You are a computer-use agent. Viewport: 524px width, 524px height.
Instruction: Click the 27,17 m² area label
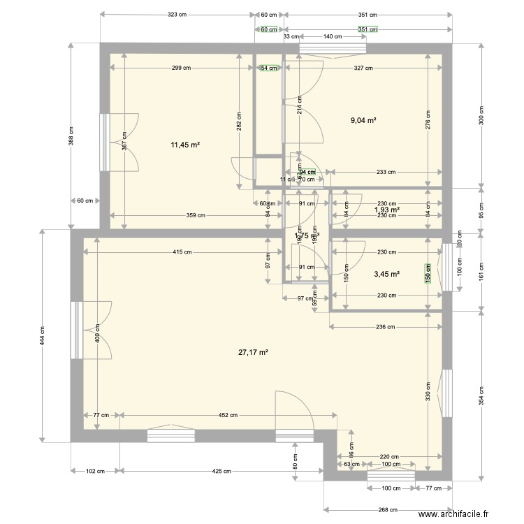pyautogui.click(x=253, y=353)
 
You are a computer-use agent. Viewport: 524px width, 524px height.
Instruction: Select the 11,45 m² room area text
pyautogui.click(x=185, y=145)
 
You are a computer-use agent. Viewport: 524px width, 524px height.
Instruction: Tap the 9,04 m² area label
pyautogui.click(x=363, y=120)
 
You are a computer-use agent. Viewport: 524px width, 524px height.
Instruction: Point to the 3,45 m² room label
pyautogui.click(x=386, y=275)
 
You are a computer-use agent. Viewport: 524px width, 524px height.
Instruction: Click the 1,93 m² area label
pyautogui.click(x=386, y=210)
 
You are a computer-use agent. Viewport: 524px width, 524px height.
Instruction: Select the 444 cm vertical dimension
pyautogui.click(x=42, y=340)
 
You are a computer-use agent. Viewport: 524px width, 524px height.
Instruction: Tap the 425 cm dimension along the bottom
pyautogui.click(x=221, y=471)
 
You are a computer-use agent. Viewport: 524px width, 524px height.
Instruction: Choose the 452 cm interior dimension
pyautogui.click(x=228, y=415)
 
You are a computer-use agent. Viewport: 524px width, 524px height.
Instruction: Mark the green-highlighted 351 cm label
pyautogui.click(x=367, y=29)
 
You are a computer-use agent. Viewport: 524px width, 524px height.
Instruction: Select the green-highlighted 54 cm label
pyautogui.click(x=269, y=68)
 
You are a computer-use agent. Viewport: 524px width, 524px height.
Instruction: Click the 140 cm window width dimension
pyautogui.click(x=333, y=36)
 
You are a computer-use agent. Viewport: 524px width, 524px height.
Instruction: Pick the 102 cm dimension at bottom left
pyautogui.click(x=95, y=471)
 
